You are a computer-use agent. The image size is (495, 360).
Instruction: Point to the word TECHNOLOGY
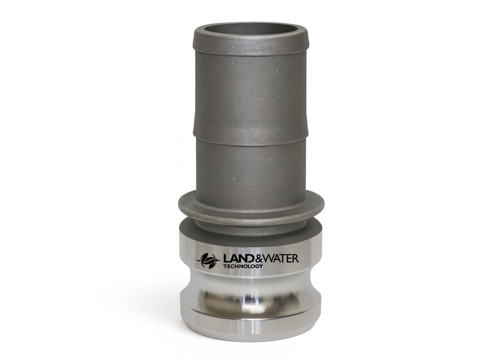pos(243,266)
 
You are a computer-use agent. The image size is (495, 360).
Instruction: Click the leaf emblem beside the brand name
pos(208,260)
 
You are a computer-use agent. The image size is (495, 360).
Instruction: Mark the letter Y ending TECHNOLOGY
pos(261,266)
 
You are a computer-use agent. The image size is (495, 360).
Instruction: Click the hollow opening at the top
pos(250,29)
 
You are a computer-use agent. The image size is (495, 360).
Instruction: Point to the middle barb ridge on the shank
pos(250,135)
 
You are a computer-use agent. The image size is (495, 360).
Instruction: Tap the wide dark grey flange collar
pos(251,205)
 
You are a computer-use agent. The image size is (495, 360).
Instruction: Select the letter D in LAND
pos(248,258)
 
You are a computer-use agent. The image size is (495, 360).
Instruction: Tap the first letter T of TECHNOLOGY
pos(225,266)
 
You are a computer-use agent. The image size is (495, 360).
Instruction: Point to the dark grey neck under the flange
pos(250,225)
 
